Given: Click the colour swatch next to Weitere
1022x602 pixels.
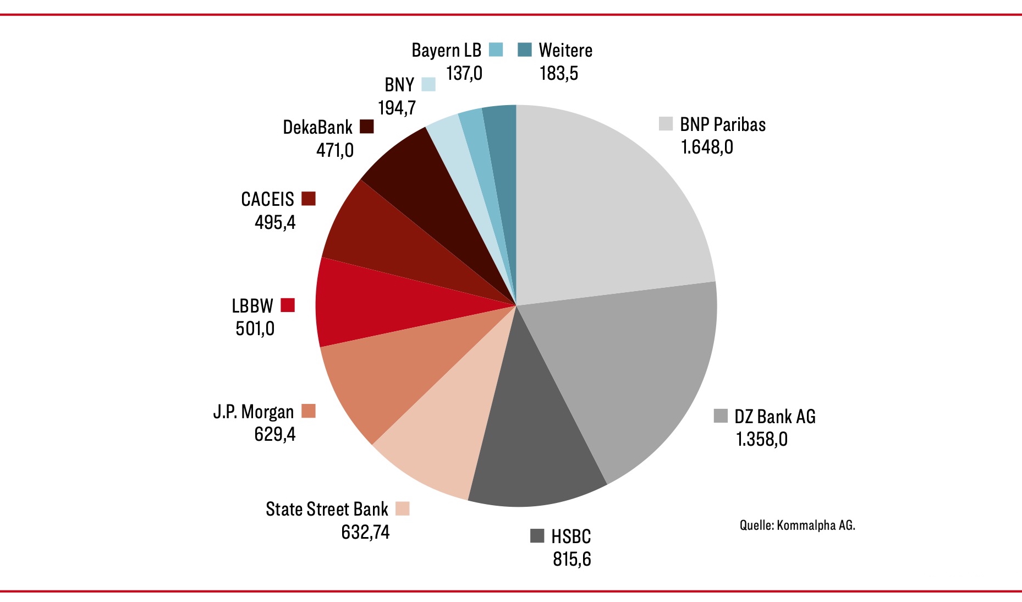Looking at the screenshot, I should tap(525, 50).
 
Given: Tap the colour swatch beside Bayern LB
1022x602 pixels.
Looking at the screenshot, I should tap(496, 50).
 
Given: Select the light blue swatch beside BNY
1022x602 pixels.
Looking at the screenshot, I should tap(428, 85).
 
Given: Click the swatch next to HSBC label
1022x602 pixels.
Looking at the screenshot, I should tap(537, 536).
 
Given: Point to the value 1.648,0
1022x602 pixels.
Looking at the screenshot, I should tap(707, 147).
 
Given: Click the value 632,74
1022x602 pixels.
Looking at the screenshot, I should tap(365, 532).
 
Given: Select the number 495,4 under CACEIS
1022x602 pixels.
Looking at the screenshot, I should tap(275, 222).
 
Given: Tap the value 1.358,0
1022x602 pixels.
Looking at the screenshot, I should tap(762, 439).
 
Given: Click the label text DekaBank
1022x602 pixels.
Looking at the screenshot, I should tap(317, 127).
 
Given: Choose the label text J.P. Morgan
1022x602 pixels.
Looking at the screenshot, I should tap(254, 412).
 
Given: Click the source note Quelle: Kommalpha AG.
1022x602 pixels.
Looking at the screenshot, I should tap(797, 525).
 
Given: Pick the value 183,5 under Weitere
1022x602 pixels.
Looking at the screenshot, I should tap(559, 73).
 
